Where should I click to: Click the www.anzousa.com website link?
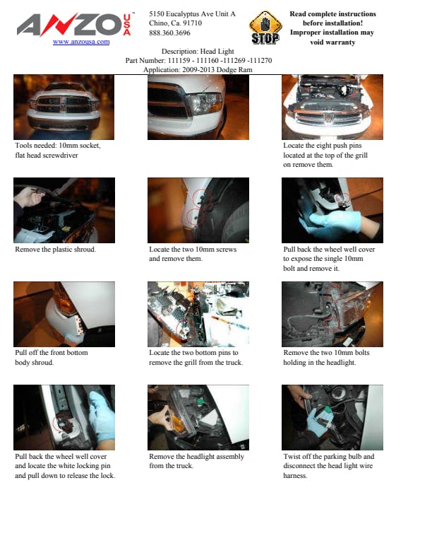81,42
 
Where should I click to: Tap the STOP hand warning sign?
265,28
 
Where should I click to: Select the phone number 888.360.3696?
169,33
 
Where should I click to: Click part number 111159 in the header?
179,60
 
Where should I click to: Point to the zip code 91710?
192,23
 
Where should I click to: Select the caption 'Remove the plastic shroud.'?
55,250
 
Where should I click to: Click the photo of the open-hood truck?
332,107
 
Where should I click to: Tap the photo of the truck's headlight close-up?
198,107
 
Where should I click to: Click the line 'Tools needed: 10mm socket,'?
58,146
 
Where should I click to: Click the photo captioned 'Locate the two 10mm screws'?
198,210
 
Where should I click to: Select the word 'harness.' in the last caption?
295,475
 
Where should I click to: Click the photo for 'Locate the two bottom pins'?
198,314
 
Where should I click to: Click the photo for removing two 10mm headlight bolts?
332,314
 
